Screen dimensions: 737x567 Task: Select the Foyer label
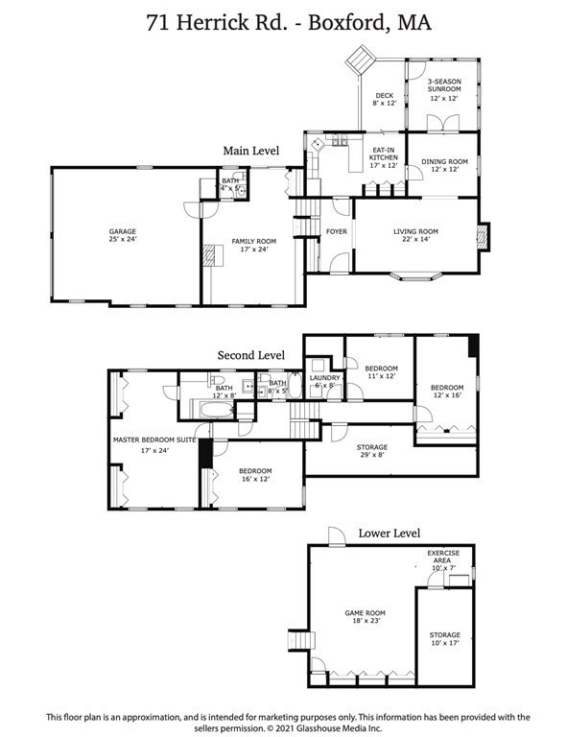tap(336, 231)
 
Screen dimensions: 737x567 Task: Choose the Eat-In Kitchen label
tap(383, 155)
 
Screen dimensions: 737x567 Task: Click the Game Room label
tap(365, 615)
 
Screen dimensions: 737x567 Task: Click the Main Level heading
tap(251, 151)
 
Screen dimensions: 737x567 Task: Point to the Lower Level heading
tap(390, 533)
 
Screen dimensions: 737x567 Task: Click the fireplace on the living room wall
tap(484, 235)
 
